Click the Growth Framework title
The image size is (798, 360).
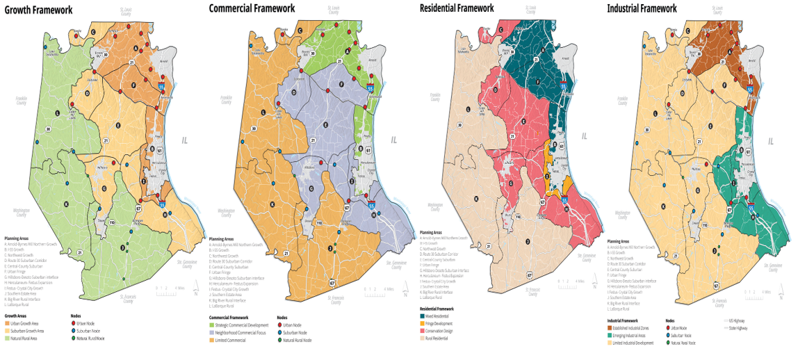coord(39,9)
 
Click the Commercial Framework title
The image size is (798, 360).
coord(252,9)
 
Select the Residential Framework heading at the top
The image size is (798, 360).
coord(457,8)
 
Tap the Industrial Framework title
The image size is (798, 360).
coord(642,8)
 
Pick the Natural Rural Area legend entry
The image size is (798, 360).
coord(23,338)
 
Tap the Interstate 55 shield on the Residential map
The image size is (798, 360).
coord(564,200)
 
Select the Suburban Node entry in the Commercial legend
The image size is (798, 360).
coord(296,333)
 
